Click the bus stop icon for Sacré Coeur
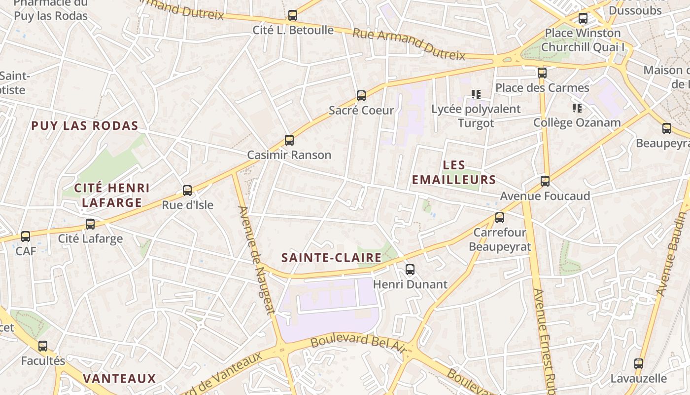coord(361,96)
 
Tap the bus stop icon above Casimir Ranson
coord(289,140)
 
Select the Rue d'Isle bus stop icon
coord(187,191)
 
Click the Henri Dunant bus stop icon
coord(410,270)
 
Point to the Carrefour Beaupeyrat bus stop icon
coord(500,218)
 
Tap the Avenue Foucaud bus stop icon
coord(545,181)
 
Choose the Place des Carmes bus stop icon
coord(542,73)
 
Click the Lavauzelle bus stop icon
coord(639,364)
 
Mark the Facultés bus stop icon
coord(43,346)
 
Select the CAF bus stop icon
coord(26,237)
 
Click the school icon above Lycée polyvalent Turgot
coord(476,94)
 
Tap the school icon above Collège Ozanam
coord(577,108)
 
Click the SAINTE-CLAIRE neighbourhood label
coord(331,258)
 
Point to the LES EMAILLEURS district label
coord(453,172)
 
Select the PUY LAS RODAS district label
coord(85,126)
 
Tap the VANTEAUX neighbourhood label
coord(119,379)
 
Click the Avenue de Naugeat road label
coord(256,260)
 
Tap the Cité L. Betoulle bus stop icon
coord(293,15)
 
